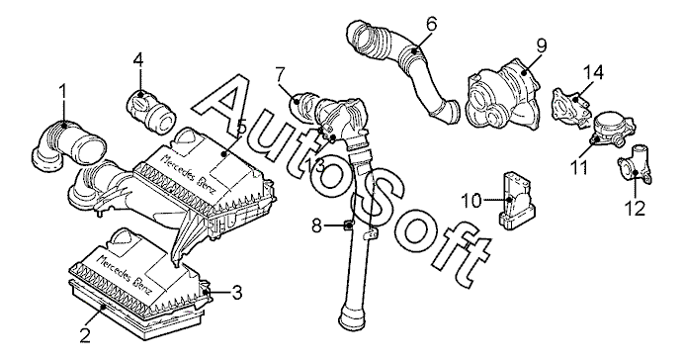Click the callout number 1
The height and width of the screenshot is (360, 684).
pos(63,93)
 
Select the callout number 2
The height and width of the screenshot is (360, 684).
pos(85,335)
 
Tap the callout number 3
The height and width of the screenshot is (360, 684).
pos(237,293)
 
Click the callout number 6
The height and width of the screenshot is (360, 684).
pos(431,24)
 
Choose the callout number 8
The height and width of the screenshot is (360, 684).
pos(316,225)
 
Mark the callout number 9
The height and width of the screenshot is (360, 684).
pos(542,45)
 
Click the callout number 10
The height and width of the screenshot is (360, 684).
pos(471,201)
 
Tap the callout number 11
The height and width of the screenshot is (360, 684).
pos(580,167)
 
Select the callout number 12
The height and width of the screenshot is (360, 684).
pos(636,209)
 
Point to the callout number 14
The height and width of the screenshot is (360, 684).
pos(594,72)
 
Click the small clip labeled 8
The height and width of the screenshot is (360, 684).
pos(349,225)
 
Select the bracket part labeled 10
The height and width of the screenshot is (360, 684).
pos(516,200)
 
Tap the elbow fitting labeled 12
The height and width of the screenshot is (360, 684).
pos(634,164)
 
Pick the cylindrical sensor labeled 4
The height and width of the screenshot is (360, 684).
pos(152,112)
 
